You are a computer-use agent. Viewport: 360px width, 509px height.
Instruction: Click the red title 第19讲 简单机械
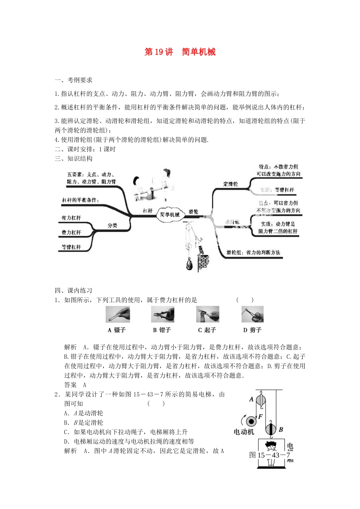click(180, 52)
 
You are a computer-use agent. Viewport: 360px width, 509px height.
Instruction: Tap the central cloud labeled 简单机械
click(169, 214)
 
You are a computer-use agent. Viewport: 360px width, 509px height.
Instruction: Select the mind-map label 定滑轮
click(230, 184)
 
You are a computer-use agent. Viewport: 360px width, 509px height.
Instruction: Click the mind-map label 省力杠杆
click(71, 218)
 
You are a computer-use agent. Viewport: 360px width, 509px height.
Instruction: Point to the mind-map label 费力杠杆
click(71, 233)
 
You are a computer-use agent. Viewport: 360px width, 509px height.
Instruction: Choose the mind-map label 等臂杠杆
click(71, 247)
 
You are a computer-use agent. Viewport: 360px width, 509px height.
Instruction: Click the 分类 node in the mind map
click(113, 225)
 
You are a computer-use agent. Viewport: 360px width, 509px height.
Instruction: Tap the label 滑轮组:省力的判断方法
click(253, 252)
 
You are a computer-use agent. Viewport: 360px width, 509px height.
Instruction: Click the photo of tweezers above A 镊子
click(117, 314)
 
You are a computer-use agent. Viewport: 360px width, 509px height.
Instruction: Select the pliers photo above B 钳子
click(163, 314)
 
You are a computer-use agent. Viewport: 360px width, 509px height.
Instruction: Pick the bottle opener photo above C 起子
click(207, 314)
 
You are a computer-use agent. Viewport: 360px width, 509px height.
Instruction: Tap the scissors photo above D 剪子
click(252, 314)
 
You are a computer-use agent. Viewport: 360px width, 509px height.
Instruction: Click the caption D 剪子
click(252, 330)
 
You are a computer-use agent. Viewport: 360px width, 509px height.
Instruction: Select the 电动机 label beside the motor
click(244, 432)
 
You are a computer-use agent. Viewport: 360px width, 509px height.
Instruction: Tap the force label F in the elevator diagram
click(261, 417)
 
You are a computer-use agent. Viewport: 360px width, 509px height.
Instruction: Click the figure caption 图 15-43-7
click(269, 455)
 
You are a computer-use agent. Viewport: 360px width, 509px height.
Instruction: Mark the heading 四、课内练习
click(74, 290)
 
